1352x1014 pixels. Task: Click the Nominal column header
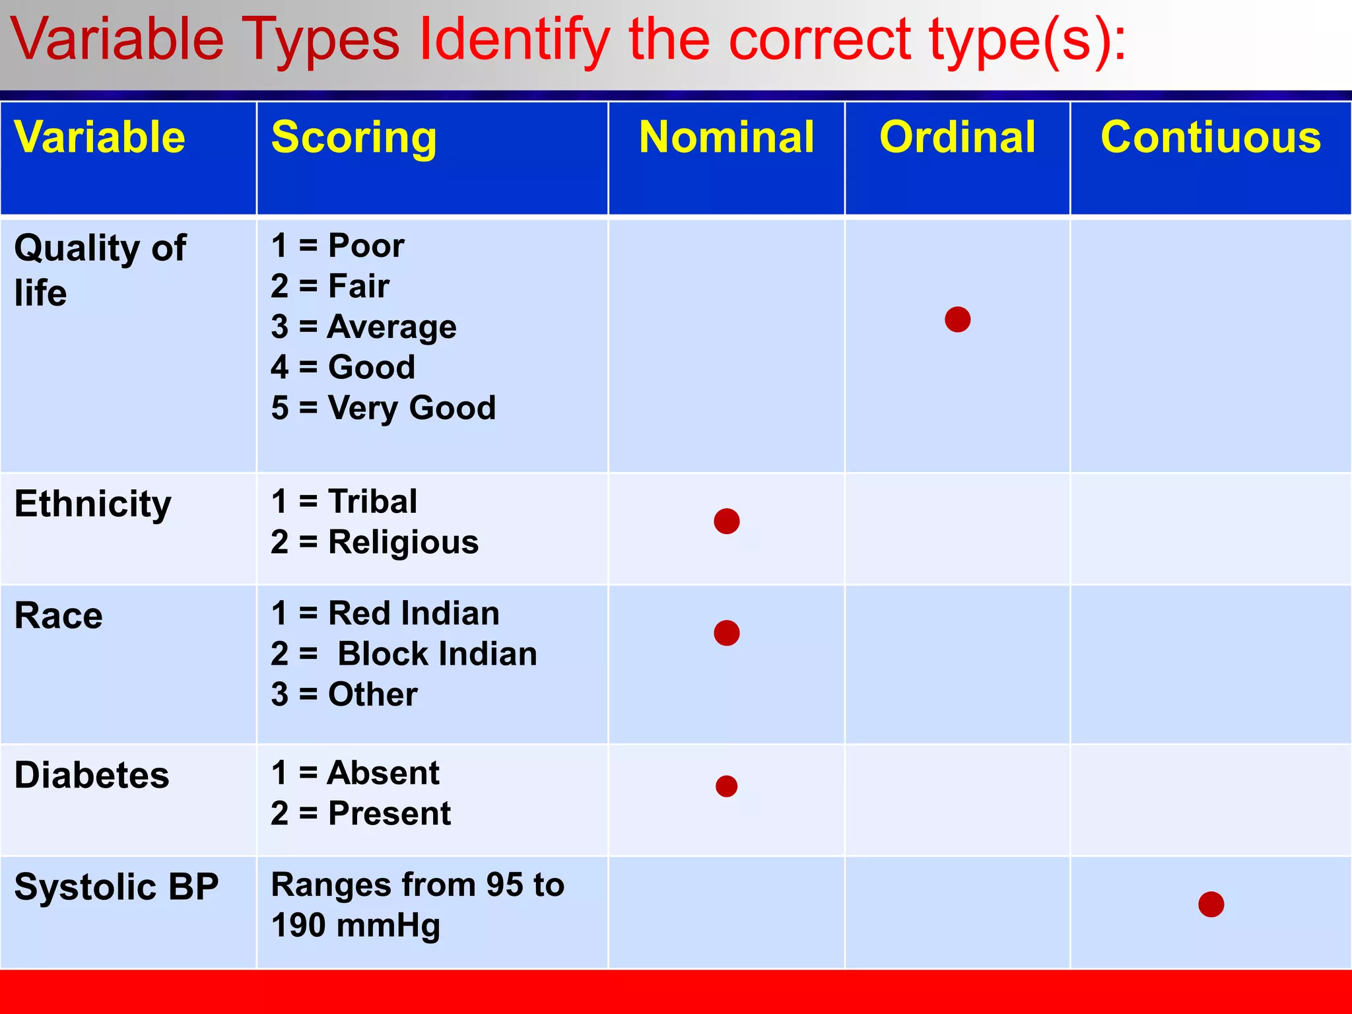tap(726, 137)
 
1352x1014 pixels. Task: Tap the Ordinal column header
tap(957, 137)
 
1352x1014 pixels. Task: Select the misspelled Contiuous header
tap(1211, 137)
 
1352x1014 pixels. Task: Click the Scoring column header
tap(354, 137)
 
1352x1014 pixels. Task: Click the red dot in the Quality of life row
tap(957, 320)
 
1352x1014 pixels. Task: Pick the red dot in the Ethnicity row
tap(726, 522)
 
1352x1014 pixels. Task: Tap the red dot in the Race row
tap(726, 633)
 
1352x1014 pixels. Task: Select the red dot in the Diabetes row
tap(726, 786)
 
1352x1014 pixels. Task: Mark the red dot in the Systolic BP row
tap(1211, 904)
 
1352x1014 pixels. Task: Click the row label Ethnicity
tap(93, 504)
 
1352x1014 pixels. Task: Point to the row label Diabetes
tap(92, 775)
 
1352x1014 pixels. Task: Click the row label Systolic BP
tap(116, 887)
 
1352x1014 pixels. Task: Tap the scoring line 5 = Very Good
tap(383, 407)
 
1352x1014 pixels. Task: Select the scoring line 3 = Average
tap(363, 327)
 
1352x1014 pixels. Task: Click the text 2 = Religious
tap(374, 543)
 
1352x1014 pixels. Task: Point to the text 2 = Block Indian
tap(404, 654)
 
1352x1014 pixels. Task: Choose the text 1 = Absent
tap(355, 772)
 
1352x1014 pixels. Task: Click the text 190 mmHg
tap(355, 926)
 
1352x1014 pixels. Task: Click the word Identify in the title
tap(515, 40)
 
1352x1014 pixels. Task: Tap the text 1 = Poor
tap(337, 246)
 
